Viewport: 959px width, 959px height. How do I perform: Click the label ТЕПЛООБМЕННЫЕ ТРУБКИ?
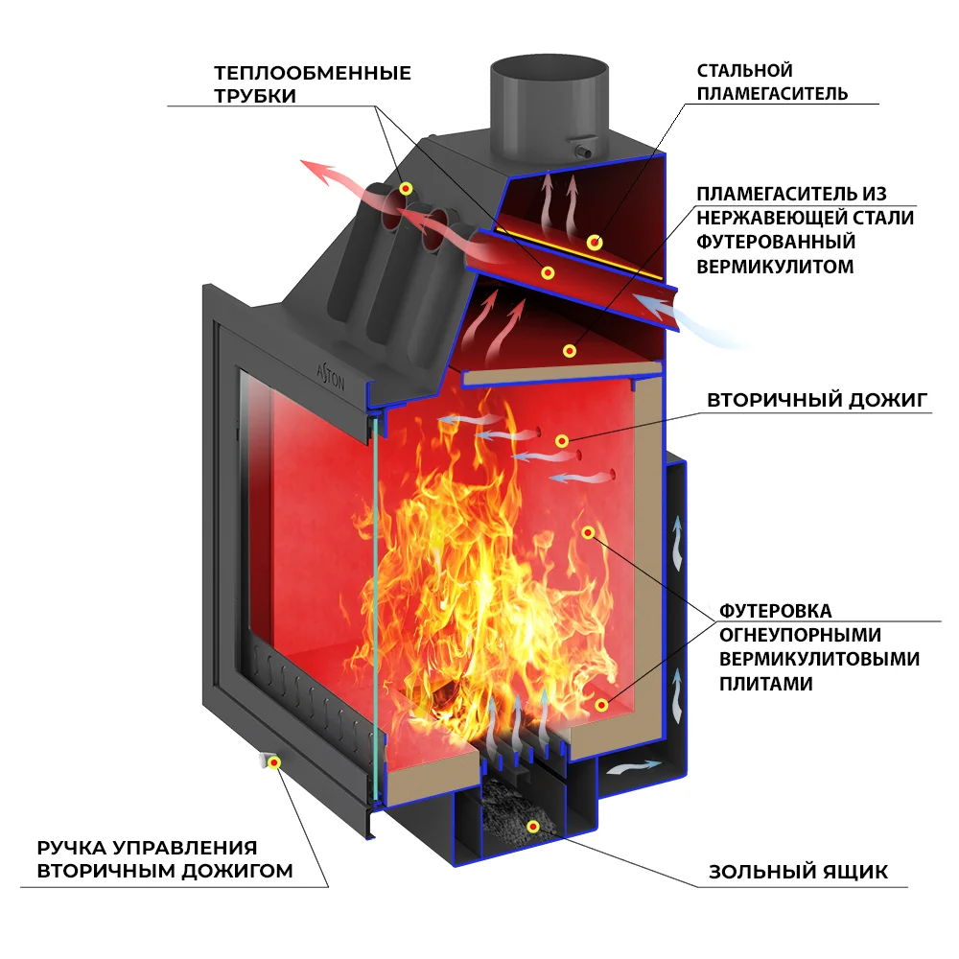(x=313, y=83)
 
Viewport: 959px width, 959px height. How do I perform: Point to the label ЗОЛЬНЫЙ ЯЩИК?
(x=798, y=872)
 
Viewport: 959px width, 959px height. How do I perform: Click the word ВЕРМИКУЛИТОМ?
(x=775, y=268)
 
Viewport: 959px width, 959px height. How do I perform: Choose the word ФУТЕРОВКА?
(x=775, y=611)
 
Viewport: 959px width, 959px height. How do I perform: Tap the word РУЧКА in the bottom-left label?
(x=71, y=848)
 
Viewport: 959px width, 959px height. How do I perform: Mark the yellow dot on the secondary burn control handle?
(x=274, y=762)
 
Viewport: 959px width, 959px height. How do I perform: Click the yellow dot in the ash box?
(x=533, y=826)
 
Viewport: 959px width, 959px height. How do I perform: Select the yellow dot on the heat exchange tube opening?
(x=406, y=187)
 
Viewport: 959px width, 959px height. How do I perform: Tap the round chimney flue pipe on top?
(x=549, y=105)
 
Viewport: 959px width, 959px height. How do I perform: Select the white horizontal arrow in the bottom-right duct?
(x=634, y=766)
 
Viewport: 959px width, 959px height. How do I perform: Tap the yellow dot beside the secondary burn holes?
(x=562, y=441)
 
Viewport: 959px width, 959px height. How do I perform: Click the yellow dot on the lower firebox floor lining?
(x=601, y=705)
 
